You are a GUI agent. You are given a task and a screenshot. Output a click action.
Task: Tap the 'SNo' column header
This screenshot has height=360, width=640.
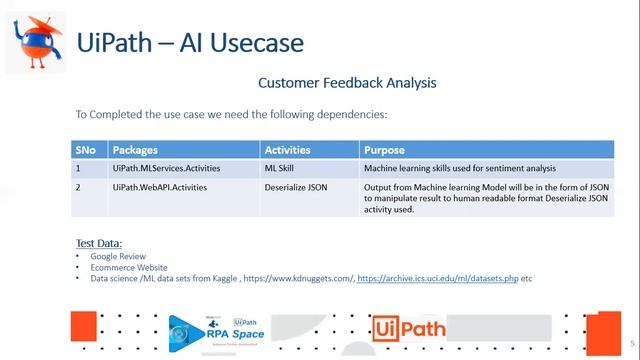click(86, 150)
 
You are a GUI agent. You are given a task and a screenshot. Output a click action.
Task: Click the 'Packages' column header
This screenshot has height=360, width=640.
click(135, 150)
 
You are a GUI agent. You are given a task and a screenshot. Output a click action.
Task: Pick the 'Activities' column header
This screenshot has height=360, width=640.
click(287, 150)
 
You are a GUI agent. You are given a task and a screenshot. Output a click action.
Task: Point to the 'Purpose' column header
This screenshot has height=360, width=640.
click(385, 150)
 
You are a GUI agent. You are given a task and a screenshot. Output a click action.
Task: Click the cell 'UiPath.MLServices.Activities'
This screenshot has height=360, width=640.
click(167, 168)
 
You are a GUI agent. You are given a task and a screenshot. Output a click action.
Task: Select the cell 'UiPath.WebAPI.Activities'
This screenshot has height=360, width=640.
click(160, 187)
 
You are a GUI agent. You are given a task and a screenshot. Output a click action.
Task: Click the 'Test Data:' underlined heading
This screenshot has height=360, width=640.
click(98, 243)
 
